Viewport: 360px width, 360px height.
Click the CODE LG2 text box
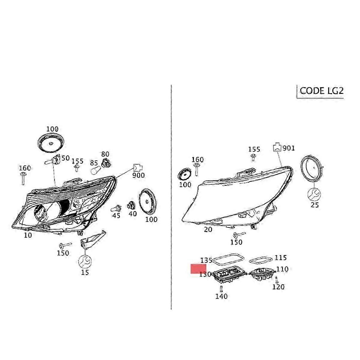pyautogui.click(x=320, y=91)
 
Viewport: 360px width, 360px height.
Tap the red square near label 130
pyautogui.click(x=198, y=268)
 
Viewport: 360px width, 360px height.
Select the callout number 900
pyautogui.click(x=138, y=175)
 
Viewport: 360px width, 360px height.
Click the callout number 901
pyautogui.click(x=289, y=148)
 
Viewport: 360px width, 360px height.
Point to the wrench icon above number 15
pyautogui.click(x=85, y=262)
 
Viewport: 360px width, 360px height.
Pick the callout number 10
pyautogui.click(x=28, y=235)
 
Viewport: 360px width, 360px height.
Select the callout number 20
pyautogui.click(x=208, y=229)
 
